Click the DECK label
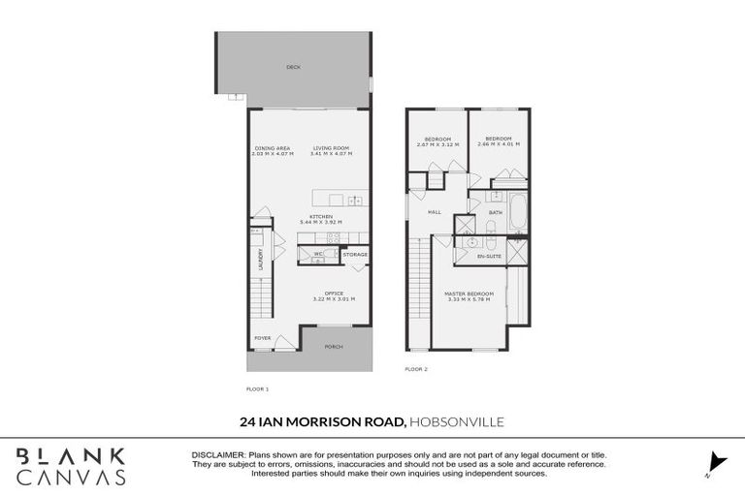click(293, 68)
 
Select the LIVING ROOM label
click(331, 147)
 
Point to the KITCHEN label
click(321, 215)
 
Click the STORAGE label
click(355, 254)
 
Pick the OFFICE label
click(334, 293)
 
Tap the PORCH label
click(334, 346)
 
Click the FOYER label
click(262, 338)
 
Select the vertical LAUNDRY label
click(260, 259)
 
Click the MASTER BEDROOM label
click(470, 294)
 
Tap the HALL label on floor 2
click(436, 212)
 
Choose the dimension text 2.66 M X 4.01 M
click(500, 144)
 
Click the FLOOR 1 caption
click(257, 388)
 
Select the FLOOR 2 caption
click(416, 369)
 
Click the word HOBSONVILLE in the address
click(457, 421)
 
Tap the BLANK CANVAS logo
click(71, 466)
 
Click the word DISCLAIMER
click(218, 454)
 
